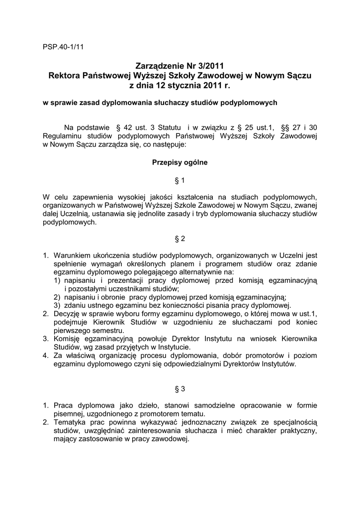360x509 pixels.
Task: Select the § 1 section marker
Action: [x=180, y=180]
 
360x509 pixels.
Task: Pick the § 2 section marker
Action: [x=180, y=239]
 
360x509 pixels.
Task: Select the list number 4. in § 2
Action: [x=46, y=355]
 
